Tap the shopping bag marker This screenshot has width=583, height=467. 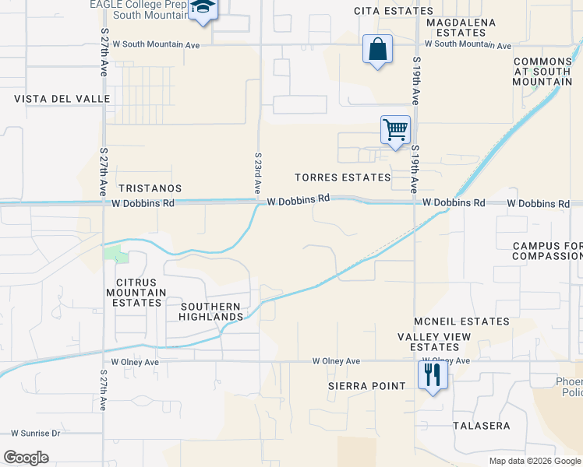click(x=377, y=50)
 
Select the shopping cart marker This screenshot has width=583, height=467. click(x=395, y=129)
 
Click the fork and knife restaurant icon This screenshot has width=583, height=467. click(x=430, y=376)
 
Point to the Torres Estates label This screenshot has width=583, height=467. click(x=342, y=177)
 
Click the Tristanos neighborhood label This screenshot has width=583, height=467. click(x=150, y=188)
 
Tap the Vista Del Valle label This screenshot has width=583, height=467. click(x=51, y=99)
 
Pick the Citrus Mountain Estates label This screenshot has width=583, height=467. click(x=141, y=293)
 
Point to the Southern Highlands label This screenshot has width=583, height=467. click(x=211, y=311)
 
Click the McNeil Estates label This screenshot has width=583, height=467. click(x=463, y=321)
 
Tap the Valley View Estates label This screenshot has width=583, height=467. click(x=429, y=342)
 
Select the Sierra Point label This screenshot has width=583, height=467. click(x=366, y=386)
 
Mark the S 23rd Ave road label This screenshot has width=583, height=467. click(x=256, y=173)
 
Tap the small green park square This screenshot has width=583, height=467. click(x=113, y=253)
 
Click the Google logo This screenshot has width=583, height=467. click(x=26, y=458)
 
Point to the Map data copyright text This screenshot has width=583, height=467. click(x=534, y=461)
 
